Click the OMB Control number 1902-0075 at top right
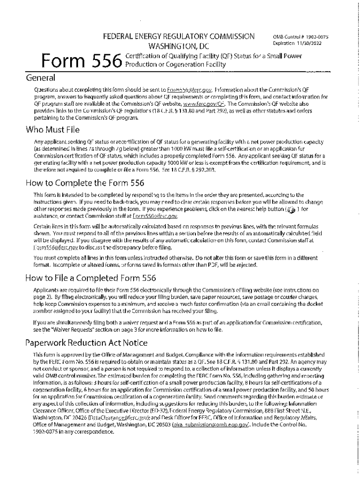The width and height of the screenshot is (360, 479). click(x=297, y=36)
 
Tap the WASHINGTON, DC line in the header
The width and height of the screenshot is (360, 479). click(x=179, y=46)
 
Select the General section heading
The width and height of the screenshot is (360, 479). click(x=41, y=78)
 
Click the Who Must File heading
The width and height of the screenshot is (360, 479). click(x=53, y=130)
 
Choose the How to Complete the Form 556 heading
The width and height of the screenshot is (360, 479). click(x=86, y=183)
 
